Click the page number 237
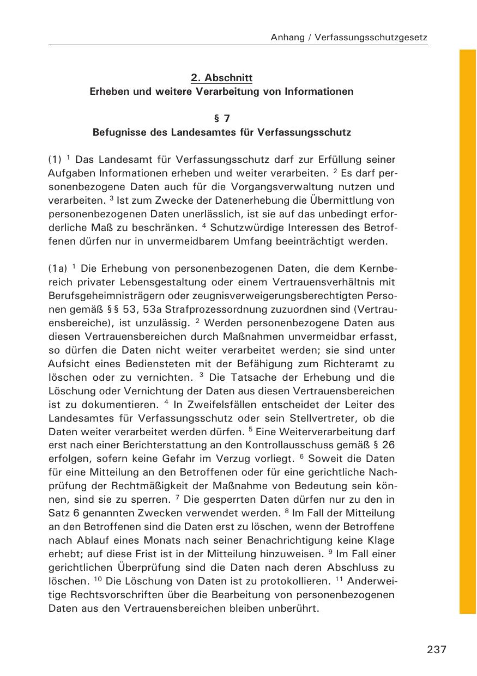point(437,650)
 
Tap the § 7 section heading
point(221,118)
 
